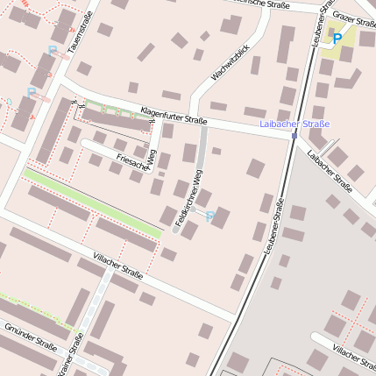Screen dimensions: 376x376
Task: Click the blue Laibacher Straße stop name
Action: coord(295,124)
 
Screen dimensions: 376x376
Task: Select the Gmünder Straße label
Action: coord(31,336)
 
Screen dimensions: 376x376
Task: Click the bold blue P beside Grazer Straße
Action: coord(336,38)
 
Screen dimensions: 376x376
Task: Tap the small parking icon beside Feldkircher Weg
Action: coord(210,216)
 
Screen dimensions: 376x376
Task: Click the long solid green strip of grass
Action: coord(92,202)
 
